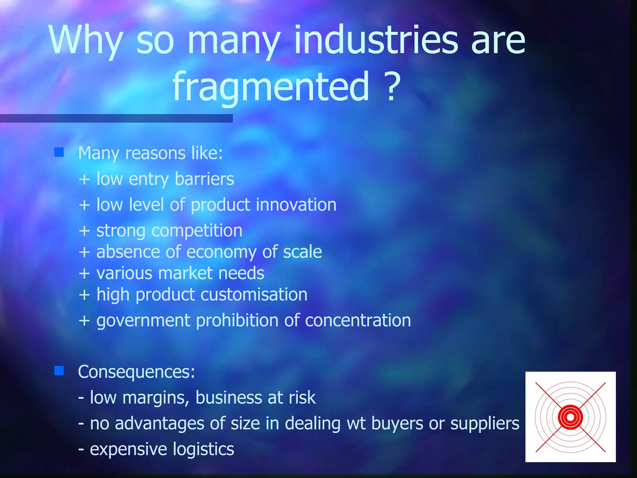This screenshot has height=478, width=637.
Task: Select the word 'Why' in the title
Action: (x=86, y=40)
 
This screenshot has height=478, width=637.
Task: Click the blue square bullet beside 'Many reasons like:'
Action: (x=59, y=152)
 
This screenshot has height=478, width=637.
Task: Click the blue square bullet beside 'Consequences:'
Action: (x=59, y=371)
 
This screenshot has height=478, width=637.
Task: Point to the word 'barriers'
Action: (x=204, y=179)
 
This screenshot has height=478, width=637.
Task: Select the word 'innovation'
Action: (x=296, y=205)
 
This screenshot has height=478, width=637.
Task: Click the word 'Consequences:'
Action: (x=137, y=372)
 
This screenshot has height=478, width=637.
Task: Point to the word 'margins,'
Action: (x=156, y=398)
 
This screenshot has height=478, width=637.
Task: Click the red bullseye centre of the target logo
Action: (x=570, y=417)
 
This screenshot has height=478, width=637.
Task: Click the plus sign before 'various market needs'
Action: (x=84, y=274)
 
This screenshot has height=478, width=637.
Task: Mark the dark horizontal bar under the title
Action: (x=116, y=118)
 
